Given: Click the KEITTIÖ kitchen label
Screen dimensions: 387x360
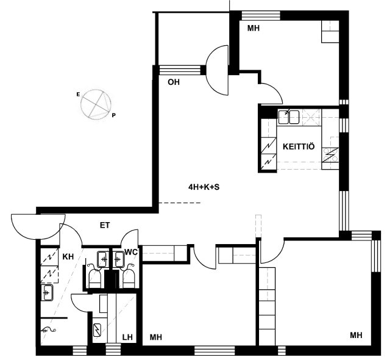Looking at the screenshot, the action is point(299,146).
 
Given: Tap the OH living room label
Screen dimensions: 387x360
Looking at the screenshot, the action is point(174,82).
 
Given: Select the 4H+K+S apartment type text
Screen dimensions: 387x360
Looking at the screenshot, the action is point(204,187).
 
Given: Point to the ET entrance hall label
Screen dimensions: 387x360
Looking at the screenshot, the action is point(105,225).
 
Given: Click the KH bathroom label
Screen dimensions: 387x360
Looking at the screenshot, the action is point(68,257).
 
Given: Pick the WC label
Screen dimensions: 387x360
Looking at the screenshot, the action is point(131,252).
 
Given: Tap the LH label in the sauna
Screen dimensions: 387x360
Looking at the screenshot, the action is point(127,337).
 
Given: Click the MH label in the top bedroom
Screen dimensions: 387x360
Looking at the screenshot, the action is point(254,28).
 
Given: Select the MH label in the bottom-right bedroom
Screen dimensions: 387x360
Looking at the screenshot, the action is point(356,335).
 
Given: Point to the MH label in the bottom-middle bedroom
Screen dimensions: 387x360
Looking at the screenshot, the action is point(156,337).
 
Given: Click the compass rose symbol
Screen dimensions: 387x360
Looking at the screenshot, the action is point(96,105).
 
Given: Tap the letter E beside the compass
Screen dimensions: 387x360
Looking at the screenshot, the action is point(78,94).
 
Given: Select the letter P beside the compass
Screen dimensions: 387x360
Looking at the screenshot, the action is point(113,115).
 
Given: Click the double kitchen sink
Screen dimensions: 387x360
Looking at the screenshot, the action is point(289,117).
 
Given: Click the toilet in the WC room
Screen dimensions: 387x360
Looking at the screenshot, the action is point(129,278).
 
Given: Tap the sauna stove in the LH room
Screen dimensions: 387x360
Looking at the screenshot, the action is point(98,330).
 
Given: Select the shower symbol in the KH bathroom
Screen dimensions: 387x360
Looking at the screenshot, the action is point(48,329).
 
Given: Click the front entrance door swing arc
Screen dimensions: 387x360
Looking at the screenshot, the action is point(38,226).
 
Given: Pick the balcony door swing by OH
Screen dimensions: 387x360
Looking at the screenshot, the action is point(217,70).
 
